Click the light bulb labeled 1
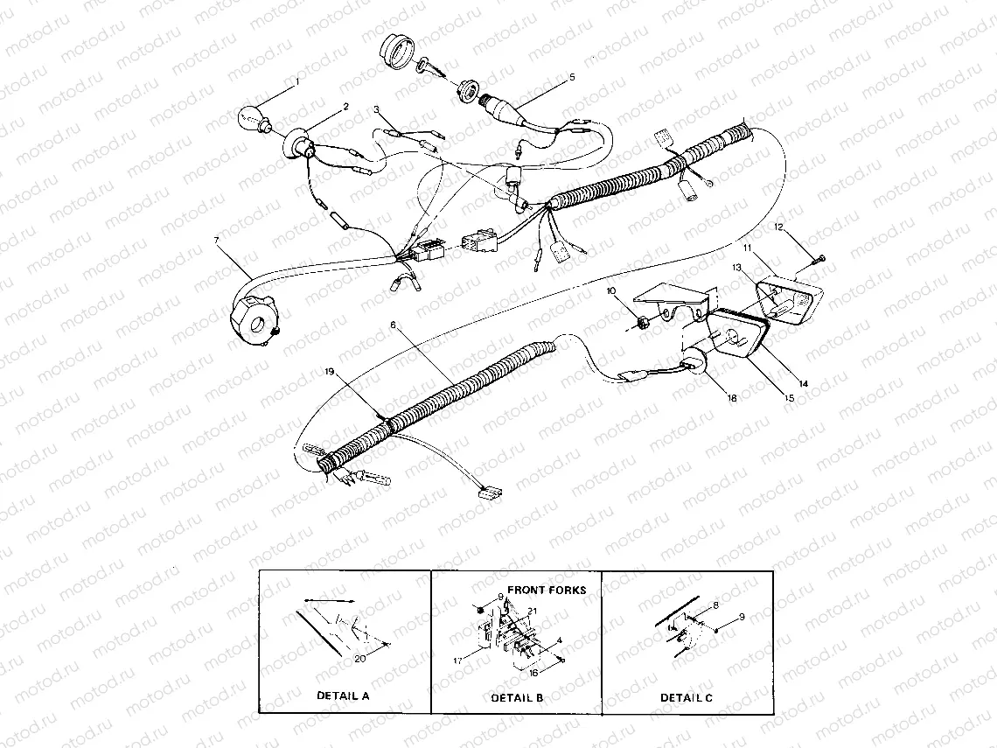253,118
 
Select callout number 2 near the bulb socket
345,107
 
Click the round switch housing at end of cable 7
255,319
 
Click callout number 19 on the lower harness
329,372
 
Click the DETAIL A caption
343,696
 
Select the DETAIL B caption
517,697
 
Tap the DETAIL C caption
686,697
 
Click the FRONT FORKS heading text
547,590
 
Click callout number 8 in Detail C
715,605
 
